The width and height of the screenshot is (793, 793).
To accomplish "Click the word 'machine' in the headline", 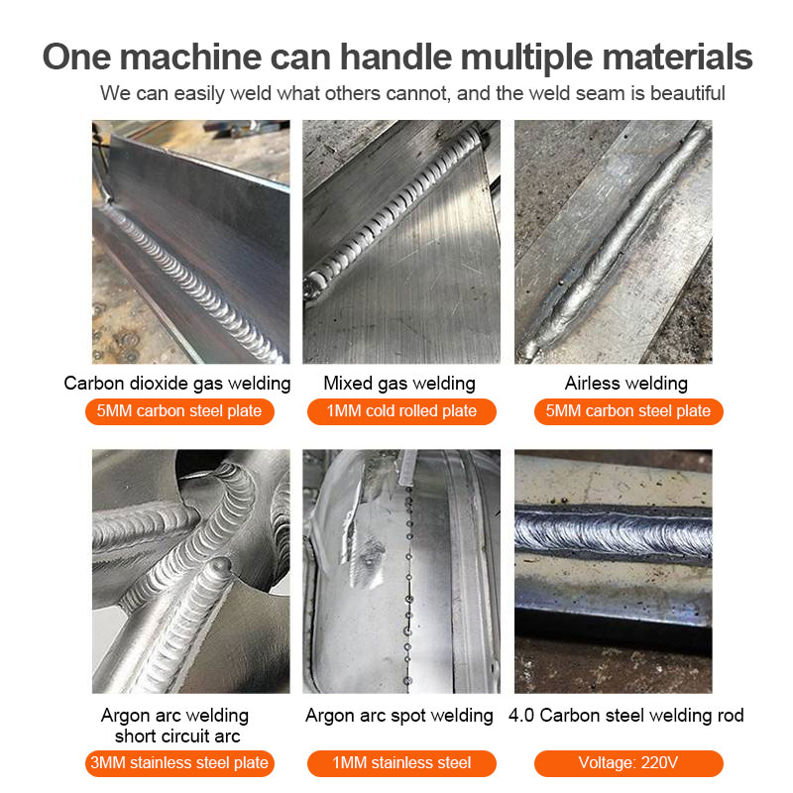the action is [x=190, y=57].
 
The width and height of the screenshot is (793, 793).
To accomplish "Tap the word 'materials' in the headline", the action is [x=677, y=57].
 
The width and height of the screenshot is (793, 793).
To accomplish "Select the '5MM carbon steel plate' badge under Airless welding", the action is [x=628, y=411].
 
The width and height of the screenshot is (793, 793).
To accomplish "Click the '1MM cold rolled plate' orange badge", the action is [x=401, y=411].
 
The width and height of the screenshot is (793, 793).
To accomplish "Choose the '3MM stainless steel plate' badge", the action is [x=179, y=763].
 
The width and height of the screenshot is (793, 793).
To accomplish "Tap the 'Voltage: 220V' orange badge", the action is [x=628, y=763].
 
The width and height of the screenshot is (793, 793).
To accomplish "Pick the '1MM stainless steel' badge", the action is [x=401, y=763].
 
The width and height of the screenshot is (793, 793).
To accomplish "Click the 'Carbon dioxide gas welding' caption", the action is [x=177, y=384].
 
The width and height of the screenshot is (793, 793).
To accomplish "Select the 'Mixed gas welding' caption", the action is [x=399, y=384].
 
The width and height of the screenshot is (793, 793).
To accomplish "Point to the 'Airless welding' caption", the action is [x=626, y=384].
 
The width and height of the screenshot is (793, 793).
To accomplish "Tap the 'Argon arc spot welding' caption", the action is [x=399, y=716].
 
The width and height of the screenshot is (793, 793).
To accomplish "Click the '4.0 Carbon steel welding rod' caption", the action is [x=626, y=716].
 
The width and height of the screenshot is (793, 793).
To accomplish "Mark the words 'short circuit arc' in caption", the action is [x=177, y=736].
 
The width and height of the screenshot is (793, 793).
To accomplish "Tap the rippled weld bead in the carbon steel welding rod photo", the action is [x=613, y=533].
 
